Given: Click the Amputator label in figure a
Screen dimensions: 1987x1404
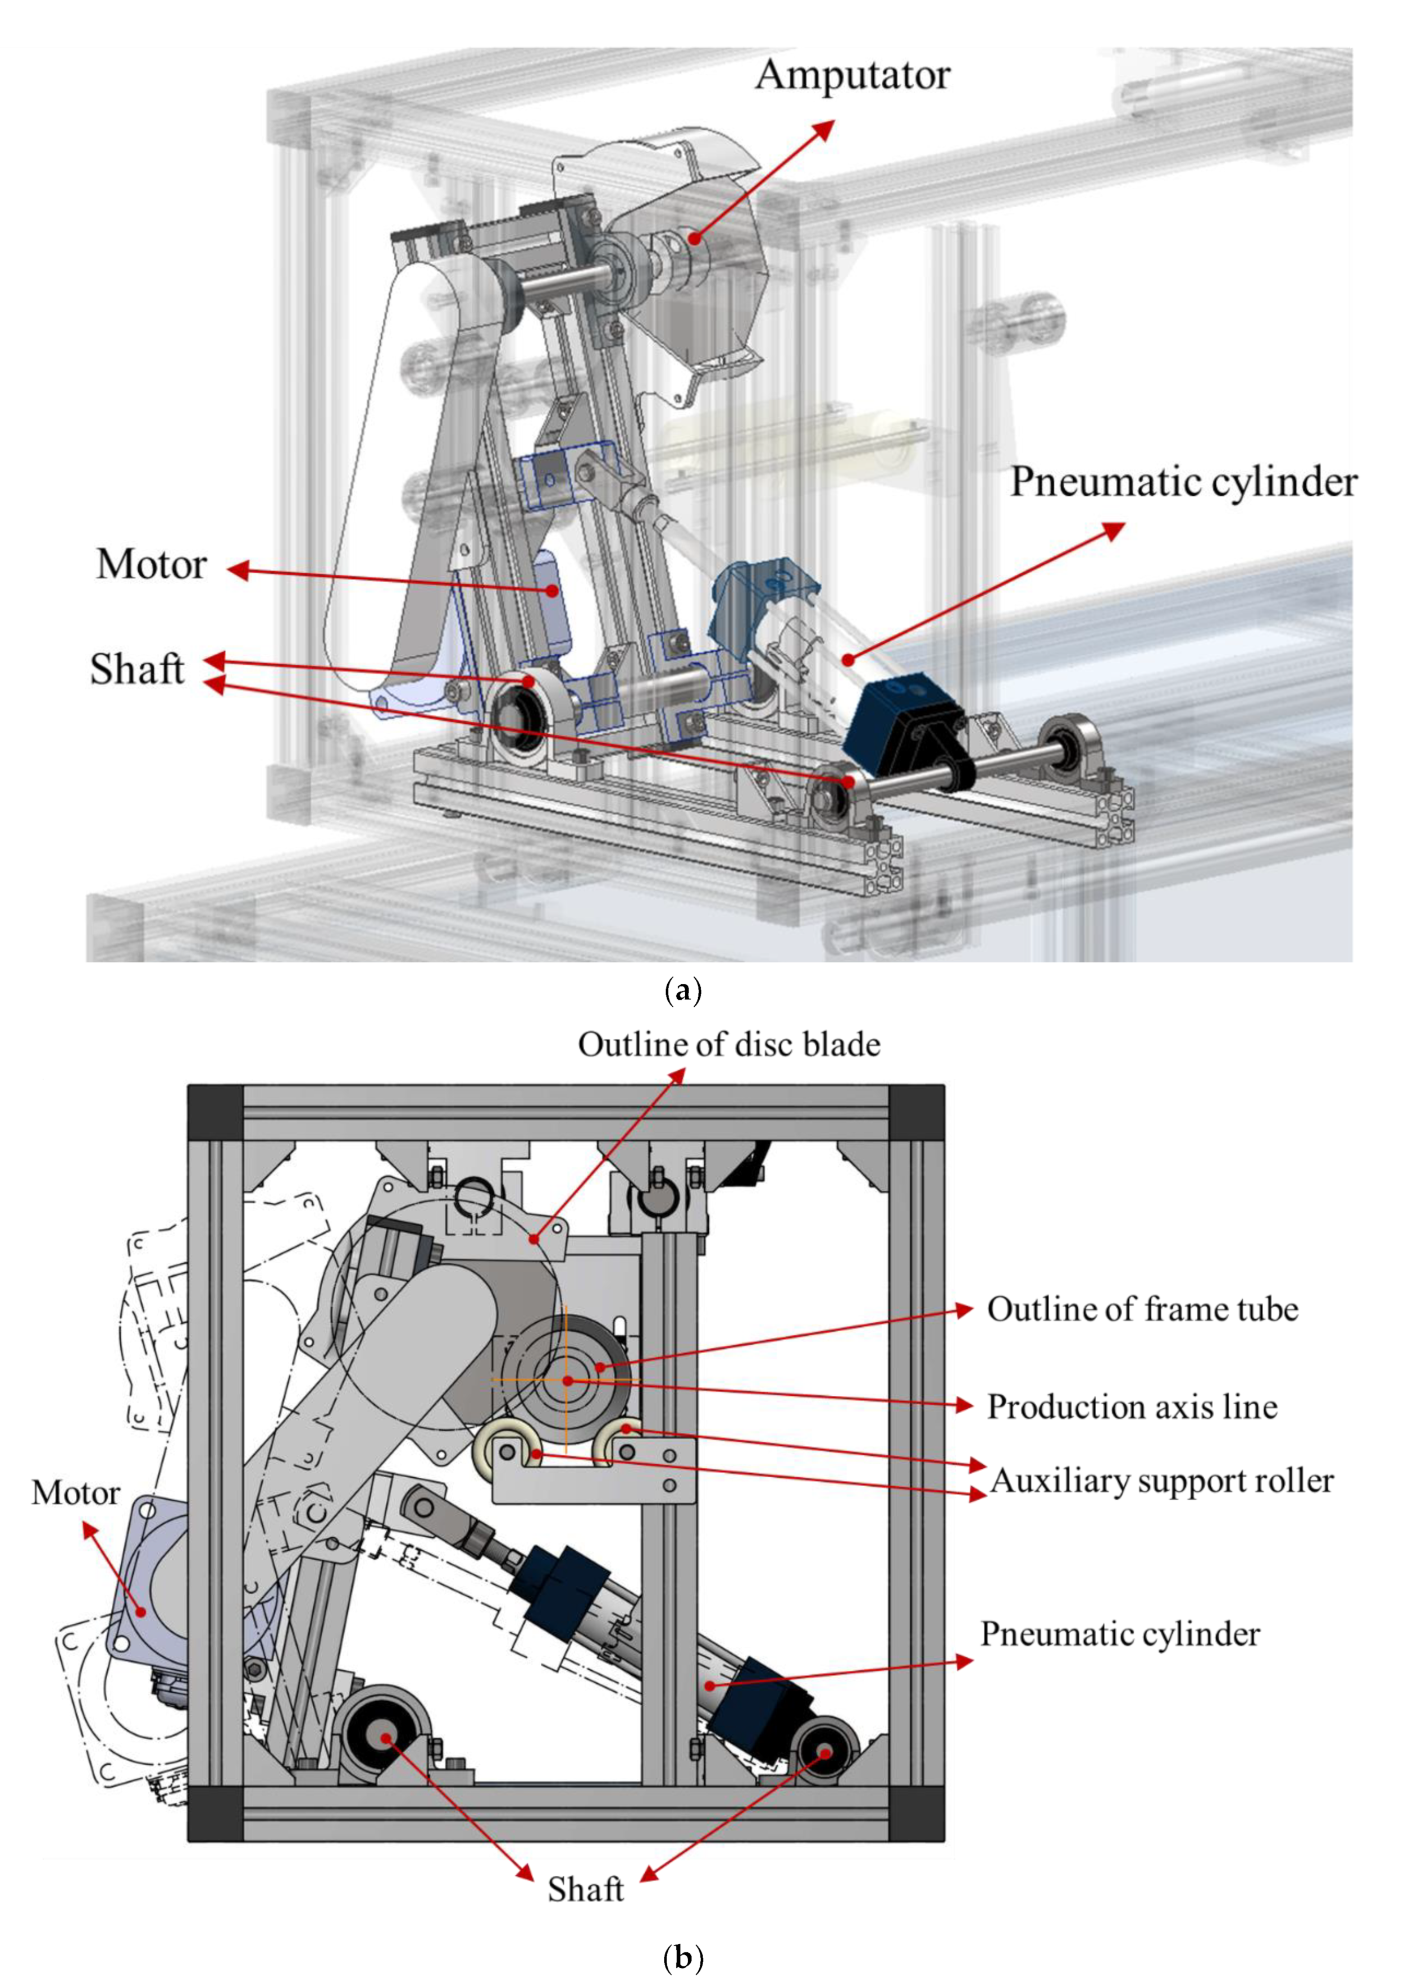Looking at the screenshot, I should coord(852,76).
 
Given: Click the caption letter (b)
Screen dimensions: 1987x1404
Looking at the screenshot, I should coord(682,1958).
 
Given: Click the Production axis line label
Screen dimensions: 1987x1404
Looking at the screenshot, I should coord(1131,1406).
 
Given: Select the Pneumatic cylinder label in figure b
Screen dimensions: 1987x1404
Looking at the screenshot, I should coord(1119,1634).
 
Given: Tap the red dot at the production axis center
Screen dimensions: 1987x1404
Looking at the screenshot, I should coord(567,1380).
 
